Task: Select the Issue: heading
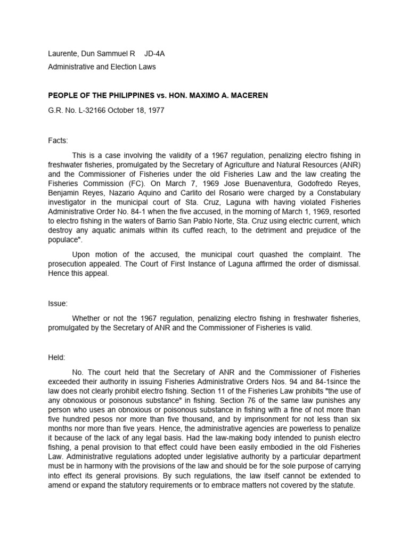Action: [x=58, y=303]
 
